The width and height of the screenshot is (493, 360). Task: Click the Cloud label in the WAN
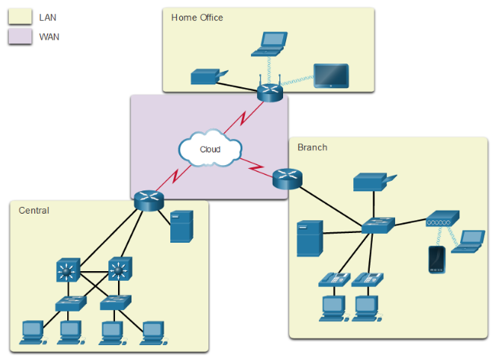pyautogui.click(x=210, y=149)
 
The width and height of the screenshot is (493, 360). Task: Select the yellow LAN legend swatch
pyautogui.click(x=19, y=16)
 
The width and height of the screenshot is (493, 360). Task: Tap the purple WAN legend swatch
pyautogui.click(x=19, y=37)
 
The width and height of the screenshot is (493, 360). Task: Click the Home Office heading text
pyautogui.click(x=197, y=17)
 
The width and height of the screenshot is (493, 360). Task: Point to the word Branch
pyautogui.click(x=312, y=147)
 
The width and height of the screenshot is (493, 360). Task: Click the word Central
pyautogui.click(x=34, y=211)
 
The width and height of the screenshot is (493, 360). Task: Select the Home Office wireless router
pyautogui.click(x=267, y=92)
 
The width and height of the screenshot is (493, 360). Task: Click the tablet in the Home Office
pyautogui.click(x=330, y=76)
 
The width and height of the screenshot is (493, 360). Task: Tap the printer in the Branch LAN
pyautogui.click(x=371, y=181)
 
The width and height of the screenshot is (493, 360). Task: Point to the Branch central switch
pyautogui.click(x=377, y=226)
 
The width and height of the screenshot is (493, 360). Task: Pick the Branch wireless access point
pyautogui.click(x=440, y=220)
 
